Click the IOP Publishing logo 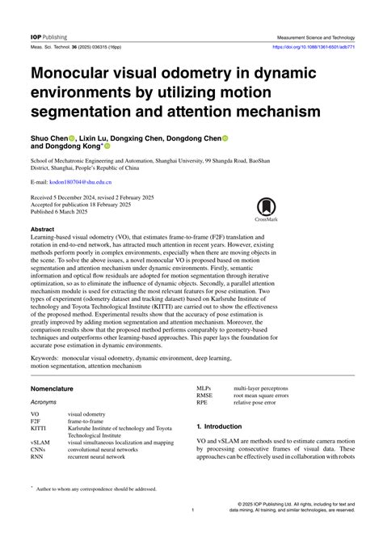pyautogui.click(x=48, y=37)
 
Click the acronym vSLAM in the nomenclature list pyautogui.click(x=40, y=442)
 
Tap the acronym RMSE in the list pyautogui.click(x=206, y=395)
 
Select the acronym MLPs pyautogui.click(x=204, y=387)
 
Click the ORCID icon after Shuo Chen pyautogui.click(x=71, y=138)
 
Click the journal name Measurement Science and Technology pyautogui.click(x=315, y=37)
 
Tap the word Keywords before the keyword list pyautogui.click(x=48, y=356)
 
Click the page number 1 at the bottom pyautogui.click(x=192, y=510)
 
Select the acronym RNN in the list pyautogui.click(x=38, y=457)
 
